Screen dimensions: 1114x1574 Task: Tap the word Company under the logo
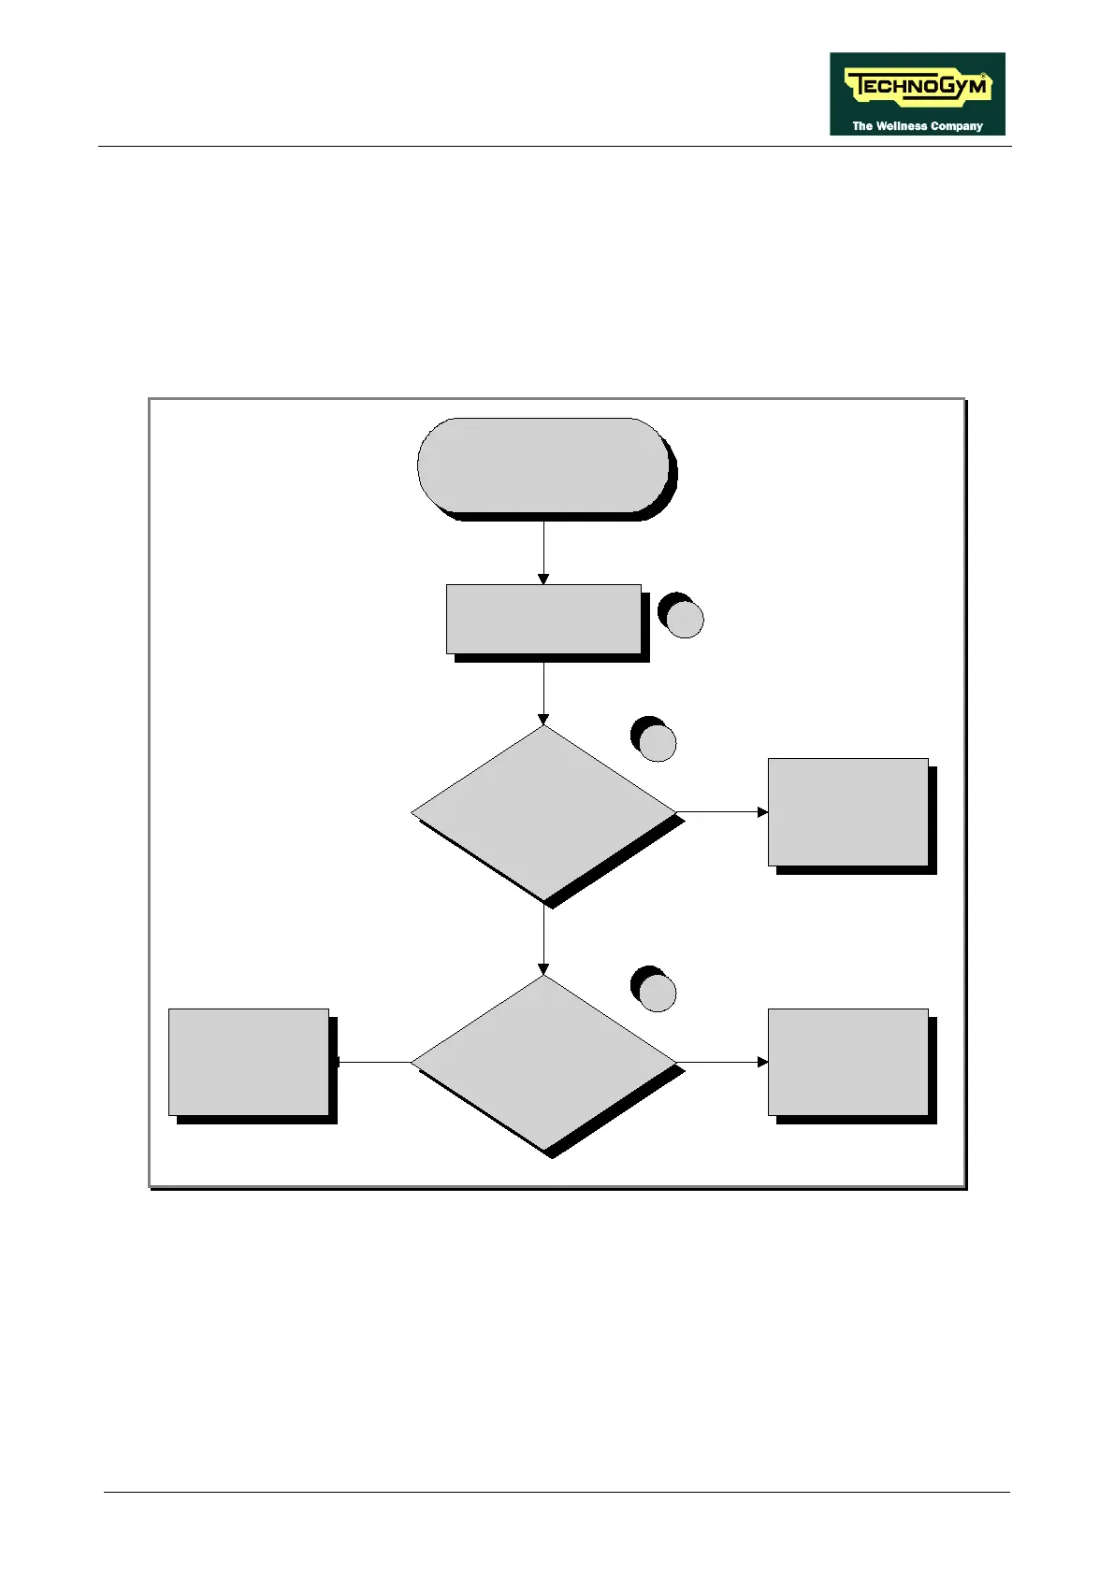pos(956,126)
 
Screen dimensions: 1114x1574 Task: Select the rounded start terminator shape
pos(543,465)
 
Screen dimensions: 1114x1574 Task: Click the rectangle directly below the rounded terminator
pos(543,619)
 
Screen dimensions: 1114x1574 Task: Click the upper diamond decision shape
pos(543,812)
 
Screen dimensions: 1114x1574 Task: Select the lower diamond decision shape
pos(543,1063)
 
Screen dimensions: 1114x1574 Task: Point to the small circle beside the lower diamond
pos(658,993)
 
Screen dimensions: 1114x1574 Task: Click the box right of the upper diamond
pos(847,812)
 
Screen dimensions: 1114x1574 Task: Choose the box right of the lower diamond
pos(847,1063)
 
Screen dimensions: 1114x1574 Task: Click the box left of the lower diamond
pos(249,1063)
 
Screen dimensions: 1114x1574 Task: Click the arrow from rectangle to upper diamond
pos(543,692)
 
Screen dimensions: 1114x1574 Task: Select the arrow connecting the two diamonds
pos(543,939)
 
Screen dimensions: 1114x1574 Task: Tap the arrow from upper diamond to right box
pos(721,812)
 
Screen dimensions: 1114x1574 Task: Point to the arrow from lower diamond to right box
pos(721,1063)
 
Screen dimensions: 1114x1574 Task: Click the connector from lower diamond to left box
pos(374,1063)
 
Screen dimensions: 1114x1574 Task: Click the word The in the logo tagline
pos(861,126)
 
